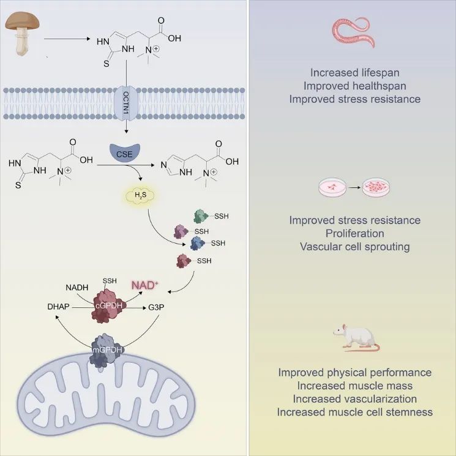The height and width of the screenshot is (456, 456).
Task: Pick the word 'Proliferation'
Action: (x=355, y=233)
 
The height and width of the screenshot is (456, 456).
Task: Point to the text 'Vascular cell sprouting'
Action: (x=355, y=247)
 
